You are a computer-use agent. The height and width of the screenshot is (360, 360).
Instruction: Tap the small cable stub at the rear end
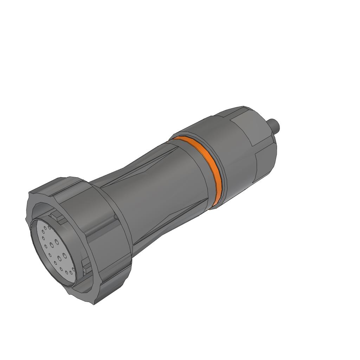tap(274, 124)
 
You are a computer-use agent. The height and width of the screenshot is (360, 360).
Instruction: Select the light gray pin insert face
tap(53, 251)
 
